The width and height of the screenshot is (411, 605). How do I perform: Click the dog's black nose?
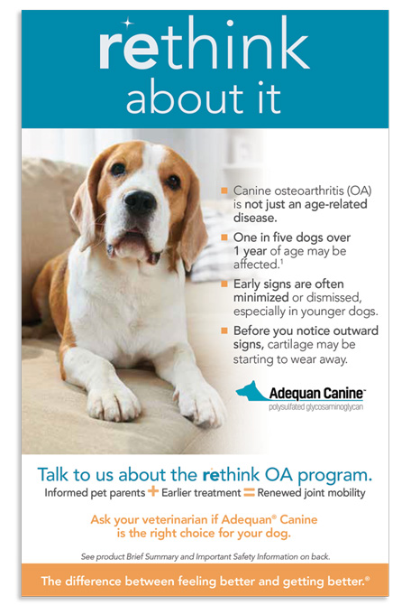coord(140,201)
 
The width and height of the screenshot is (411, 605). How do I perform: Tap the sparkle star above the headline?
coord(127,23)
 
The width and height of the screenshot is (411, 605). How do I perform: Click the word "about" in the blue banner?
coord(180,98)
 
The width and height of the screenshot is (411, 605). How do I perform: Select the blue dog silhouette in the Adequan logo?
coord(251,390)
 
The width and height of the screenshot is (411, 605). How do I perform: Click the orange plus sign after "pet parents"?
coord(153,491)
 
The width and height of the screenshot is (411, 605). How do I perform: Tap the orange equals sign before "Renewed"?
coord(250,493)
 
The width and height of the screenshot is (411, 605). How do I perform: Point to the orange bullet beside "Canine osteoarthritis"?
coord(224,191)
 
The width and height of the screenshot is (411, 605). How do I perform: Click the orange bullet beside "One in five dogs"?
coord(224,237)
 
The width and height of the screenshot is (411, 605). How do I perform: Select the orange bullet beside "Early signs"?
coord(224,284)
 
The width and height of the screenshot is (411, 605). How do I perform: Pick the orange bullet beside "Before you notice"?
coord(224,330)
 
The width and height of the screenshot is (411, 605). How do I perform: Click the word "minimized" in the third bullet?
coord(260,297)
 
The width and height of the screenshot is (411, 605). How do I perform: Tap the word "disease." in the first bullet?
coord(255,218)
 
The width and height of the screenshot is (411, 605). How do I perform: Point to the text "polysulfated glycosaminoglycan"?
coord(315,407)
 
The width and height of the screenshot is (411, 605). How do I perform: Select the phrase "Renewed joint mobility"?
coord(311,493)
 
